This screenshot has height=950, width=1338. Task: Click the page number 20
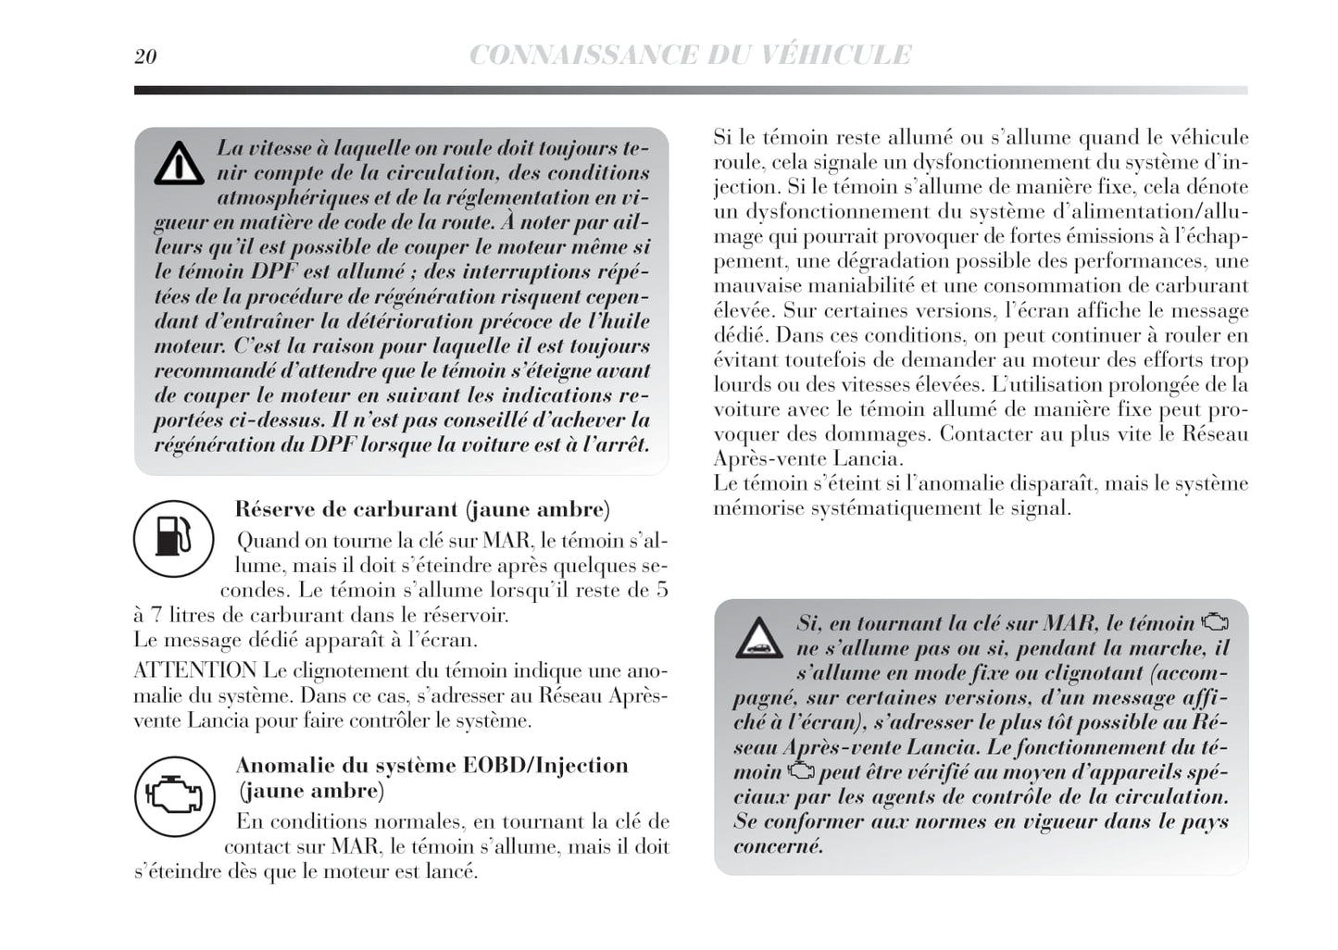[x=145, y=56]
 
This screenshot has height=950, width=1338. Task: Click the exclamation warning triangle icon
[x=179, y=164]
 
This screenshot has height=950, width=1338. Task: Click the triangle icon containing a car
[x=759, y=638]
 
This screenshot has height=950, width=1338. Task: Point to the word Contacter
[x=982, y=433]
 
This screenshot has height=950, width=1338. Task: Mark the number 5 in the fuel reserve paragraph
[x=661, y=590]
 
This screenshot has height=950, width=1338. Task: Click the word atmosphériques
[x=300, y=197]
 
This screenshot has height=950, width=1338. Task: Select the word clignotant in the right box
[x=1054, y=673]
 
